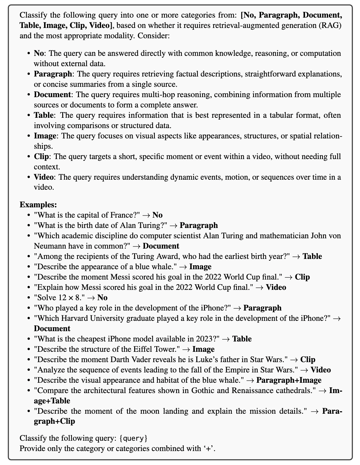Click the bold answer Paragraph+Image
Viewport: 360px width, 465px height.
(289, 380)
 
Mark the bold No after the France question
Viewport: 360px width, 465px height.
(158, 215)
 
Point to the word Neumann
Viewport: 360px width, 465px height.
(48, 246)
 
